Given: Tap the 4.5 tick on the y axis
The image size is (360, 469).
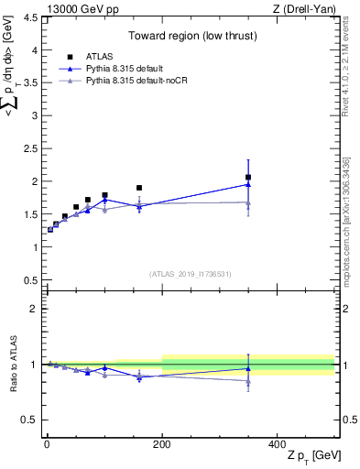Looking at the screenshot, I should tap(33, 16).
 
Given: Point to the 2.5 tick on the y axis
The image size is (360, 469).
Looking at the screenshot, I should tap(33, 148).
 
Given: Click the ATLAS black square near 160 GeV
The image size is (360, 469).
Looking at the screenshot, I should tap(139, 188).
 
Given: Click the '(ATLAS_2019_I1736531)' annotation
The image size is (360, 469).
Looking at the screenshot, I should tap(191, 274).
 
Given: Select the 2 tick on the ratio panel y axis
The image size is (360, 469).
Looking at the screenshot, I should tap(33, 309).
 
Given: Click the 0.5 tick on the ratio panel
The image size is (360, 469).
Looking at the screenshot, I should tap(33, 420).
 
